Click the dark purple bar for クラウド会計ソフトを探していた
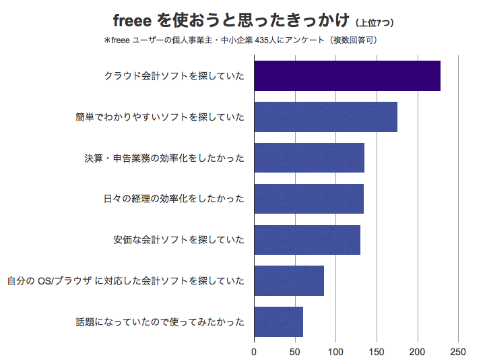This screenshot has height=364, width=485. point(347,75)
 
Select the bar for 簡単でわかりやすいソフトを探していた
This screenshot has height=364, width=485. point(325,117)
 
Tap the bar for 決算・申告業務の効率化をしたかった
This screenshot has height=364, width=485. point(309,158)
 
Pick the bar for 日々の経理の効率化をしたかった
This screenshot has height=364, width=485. point(309,199)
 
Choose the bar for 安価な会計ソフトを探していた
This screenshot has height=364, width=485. point(306,240)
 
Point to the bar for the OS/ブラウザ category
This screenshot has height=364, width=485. point(288,280)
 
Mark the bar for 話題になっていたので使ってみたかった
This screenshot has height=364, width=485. point(278,322)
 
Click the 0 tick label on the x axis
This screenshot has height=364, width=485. point(254,352)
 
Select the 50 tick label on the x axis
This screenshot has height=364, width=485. point(295,352)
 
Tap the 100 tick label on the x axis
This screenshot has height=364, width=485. point(335,352)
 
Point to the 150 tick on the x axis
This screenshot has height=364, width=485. point(377,352)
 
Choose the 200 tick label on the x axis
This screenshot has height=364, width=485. point(418,352)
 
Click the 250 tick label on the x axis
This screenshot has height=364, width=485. point(458,352)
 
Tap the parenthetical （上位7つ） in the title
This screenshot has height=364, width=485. point(375,23)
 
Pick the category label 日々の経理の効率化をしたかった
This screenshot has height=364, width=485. point(173,199)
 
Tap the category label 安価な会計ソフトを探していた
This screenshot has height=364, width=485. point(179,240)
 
